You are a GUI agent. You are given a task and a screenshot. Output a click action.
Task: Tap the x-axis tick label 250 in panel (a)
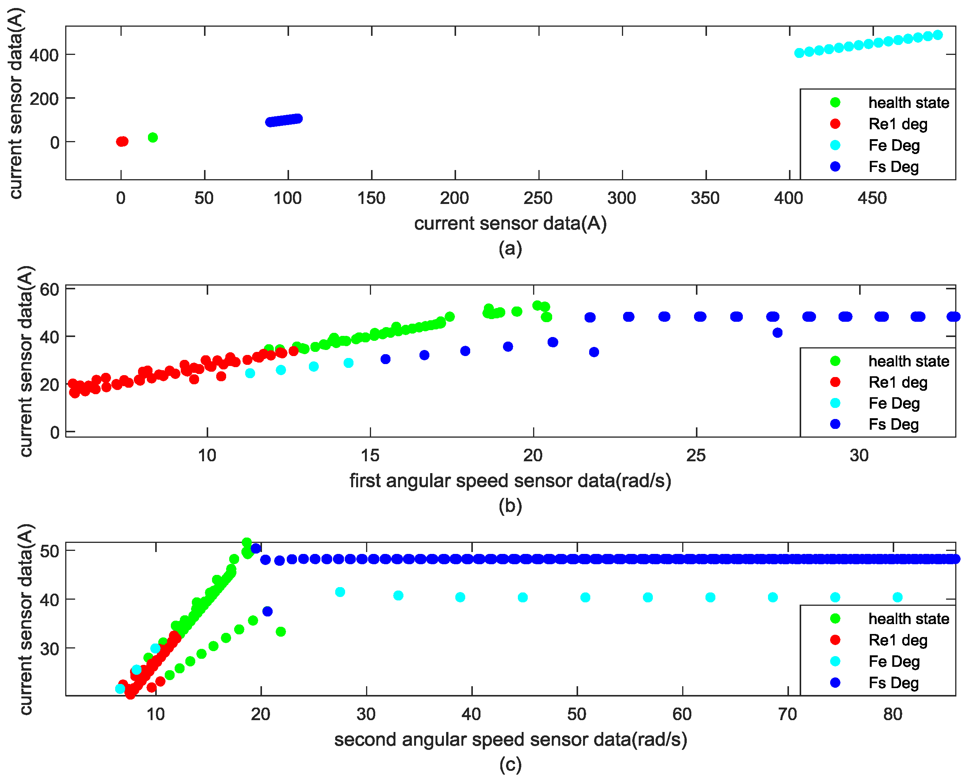click(x=538, y=198)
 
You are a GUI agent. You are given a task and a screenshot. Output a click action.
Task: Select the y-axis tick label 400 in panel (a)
click(x=44, y=55)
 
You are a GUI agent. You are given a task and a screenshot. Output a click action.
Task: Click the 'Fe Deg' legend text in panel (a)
click(x=894, y=145)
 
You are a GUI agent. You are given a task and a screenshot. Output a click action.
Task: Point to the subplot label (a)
click(x=510, y=248)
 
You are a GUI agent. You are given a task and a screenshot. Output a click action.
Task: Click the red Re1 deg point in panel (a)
click(x=122, y=141)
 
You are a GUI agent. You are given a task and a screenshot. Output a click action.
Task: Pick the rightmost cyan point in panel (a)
click(x=937, y=35)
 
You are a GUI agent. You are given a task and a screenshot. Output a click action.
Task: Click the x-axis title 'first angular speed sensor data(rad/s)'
click(x=510, y=480)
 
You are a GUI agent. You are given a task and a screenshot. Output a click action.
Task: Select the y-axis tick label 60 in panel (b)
click(x=50, y=289)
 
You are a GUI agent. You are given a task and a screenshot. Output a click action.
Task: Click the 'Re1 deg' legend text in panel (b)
click(x=898, y=382)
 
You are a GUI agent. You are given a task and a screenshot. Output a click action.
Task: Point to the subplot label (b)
click(x=510, y=506)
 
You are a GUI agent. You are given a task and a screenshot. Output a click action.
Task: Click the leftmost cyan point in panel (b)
click(x=250, y=373)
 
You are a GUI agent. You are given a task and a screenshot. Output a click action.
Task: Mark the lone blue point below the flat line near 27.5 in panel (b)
click(x=777, y=332)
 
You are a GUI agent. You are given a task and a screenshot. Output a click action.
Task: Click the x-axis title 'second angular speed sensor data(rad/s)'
click(x=510, y=739)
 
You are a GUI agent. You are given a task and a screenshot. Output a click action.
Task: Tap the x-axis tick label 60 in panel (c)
click(x=682, y=714)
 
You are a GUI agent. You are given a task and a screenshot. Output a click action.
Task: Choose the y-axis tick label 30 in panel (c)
click(x=50, y=648)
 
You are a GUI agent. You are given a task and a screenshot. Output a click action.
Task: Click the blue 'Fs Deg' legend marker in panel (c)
click(x=835, y=682)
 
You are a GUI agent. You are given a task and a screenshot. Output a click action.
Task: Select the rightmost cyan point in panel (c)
click(x=897, y=597)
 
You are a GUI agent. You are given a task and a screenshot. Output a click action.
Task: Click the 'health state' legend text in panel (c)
click(x=908, y=619)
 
